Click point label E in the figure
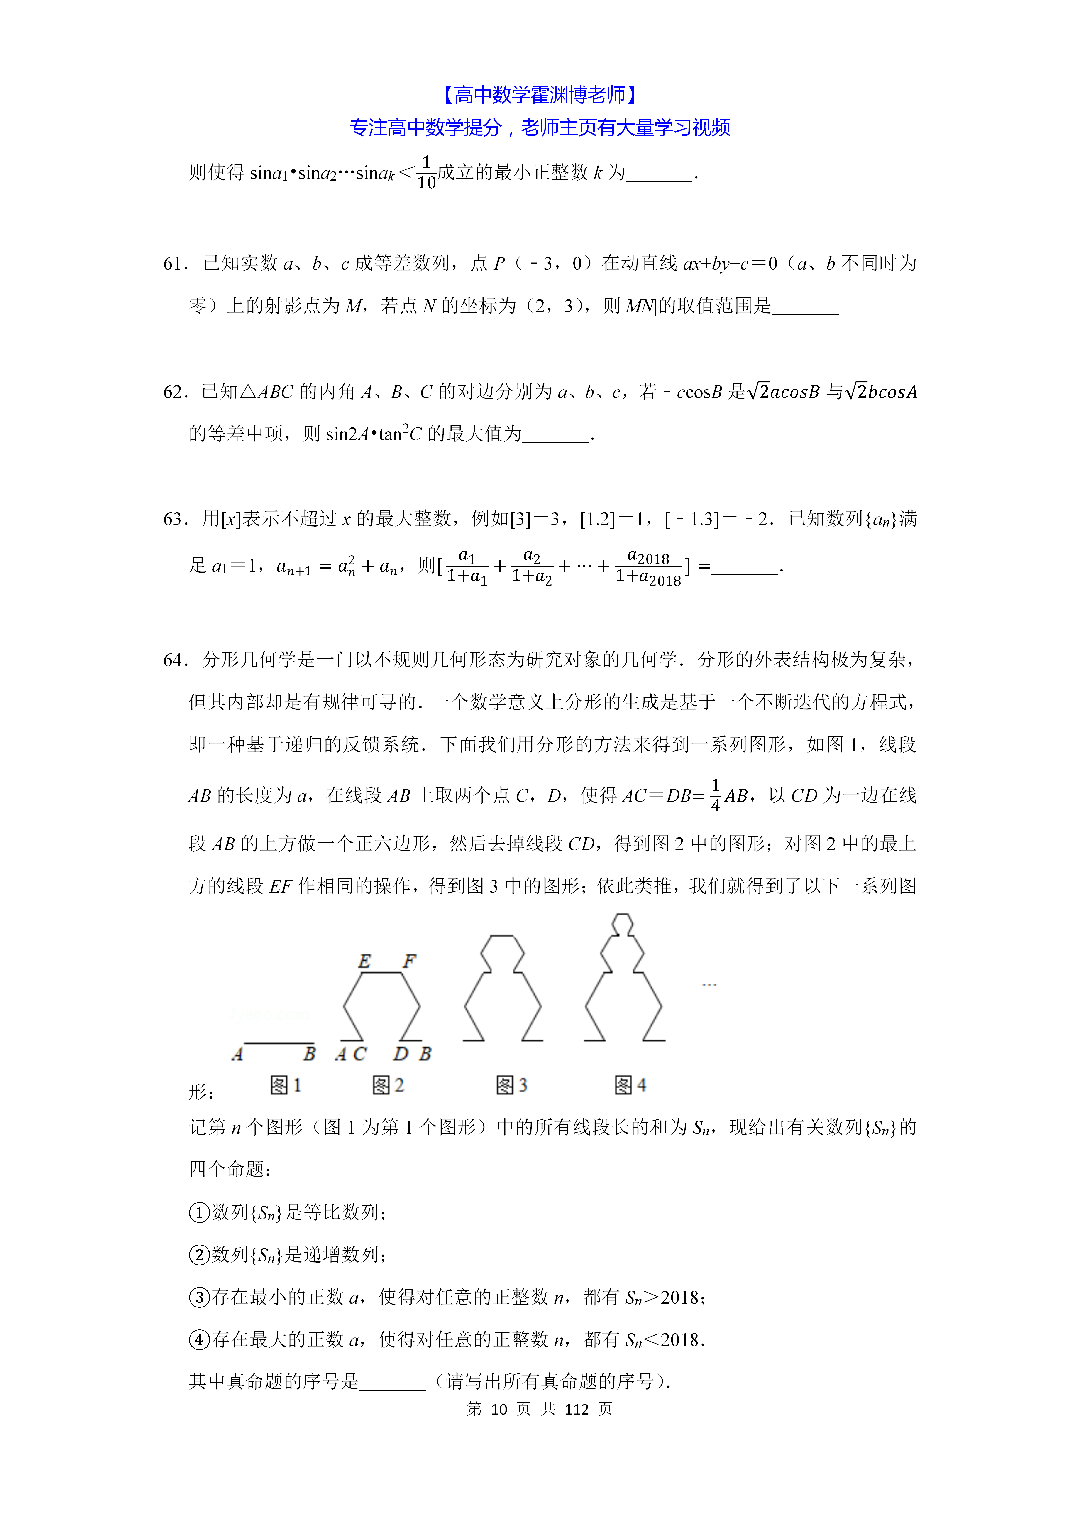tap(364, 961)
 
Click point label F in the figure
tap(409, 961)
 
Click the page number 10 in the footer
tap(499, 1409)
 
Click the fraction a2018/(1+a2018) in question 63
tap(648, 568)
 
